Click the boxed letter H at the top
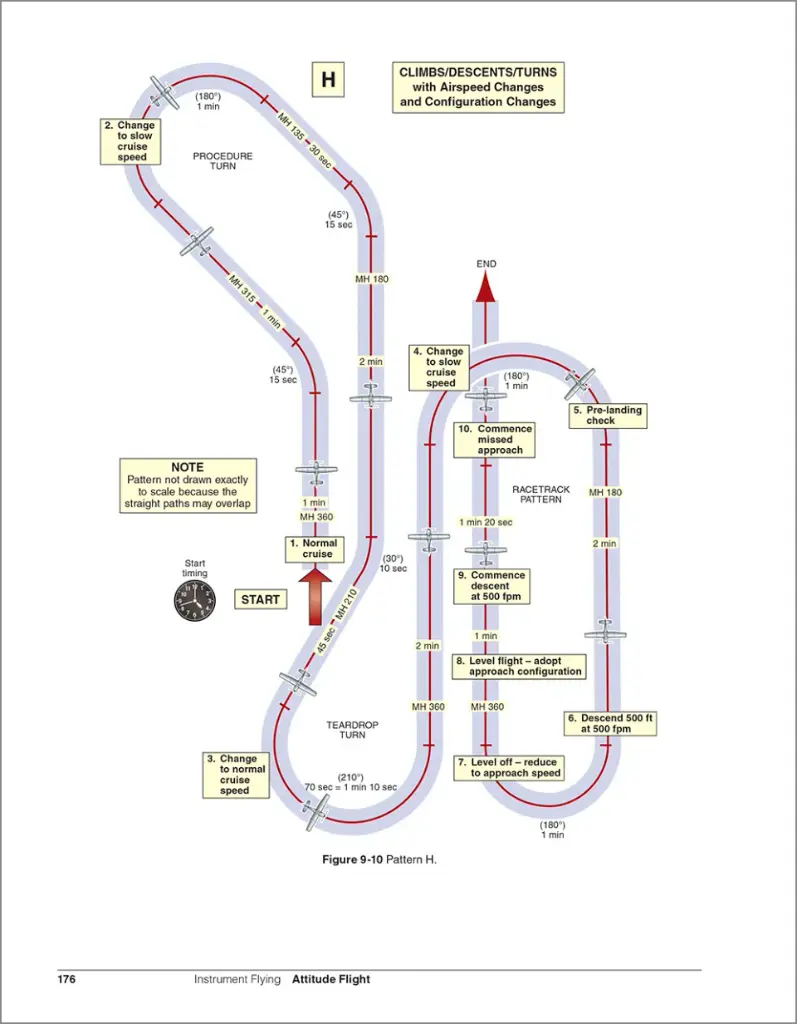click(327, 81)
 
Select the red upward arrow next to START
click(316, 594)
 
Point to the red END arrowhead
click(485, 287)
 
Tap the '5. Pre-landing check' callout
click(607, 415)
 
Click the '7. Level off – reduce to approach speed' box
click(509, 768)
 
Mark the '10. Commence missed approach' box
click(493, 440)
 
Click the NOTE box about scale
click(187, 486)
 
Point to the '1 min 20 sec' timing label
click(486, 522)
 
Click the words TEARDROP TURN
click(346, 729)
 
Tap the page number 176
click(67, 979)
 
